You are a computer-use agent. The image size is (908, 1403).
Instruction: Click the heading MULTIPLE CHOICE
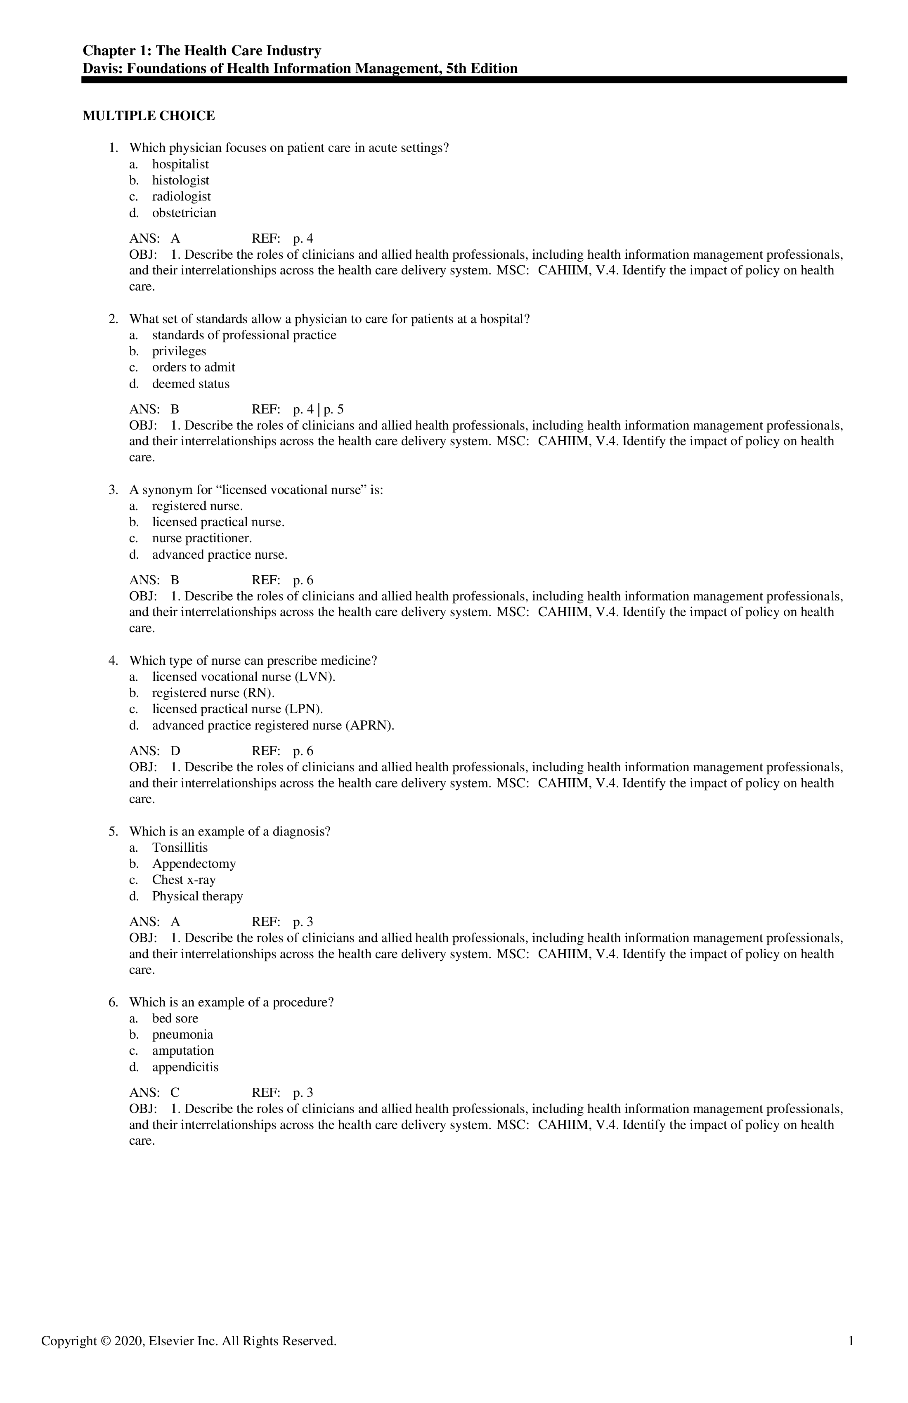pos(149,116)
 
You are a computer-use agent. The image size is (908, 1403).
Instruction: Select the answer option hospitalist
pos(180,165)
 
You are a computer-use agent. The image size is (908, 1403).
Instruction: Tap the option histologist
pos(180,180)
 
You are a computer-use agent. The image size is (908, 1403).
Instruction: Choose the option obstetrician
pos(184,213)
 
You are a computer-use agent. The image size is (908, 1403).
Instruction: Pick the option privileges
pos(179,351)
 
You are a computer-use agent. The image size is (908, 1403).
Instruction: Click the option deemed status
pos(190,384)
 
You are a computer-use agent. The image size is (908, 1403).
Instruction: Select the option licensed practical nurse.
pos(218,522)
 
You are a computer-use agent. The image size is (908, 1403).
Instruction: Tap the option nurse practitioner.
pos(202,538)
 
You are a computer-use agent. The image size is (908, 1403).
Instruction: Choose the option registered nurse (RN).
pos(213,693)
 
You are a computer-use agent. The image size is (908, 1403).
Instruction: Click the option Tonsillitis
pos(180,848)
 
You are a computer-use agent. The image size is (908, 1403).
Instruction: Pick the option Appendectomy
pos(194,864)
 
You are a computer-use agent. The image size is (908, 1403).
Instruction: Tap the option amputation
pos(183,1051)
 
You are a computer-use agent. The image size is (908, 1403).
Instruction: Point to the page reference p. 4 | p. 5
pos(318,409)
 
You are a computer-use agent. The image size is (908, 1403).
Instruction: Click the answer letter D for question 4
pos(175,751)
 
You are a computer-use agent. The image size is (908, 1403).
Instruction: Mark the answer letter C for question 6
pos(175,1092)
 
